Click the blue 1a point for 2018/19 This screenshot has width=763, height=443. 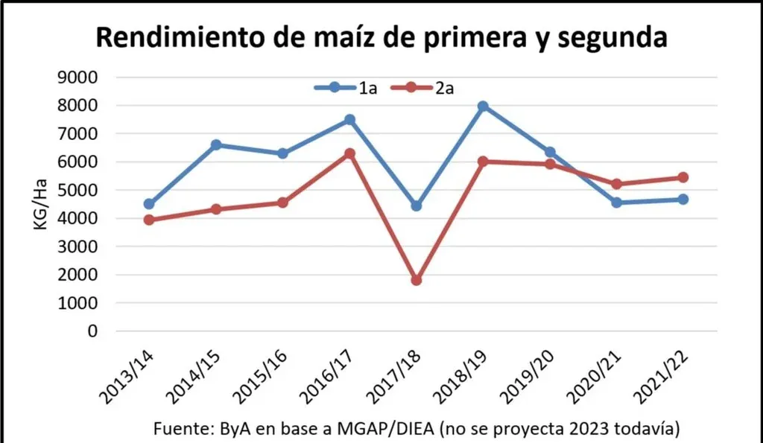coord(484,106)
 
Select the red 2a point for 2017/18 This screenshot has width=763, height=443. coord(417,280)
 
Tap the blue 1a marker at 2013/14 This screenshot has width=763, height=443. coord(149,204)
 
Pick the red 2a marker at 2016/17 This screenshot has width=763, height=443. coord(349,153)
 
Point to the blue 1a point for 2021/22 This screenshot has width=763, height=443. coord(683,199)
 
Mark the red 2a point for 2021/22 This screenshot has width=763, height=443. coord(683,177)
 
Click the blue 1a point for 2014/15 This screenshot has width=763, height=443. coord(216,144)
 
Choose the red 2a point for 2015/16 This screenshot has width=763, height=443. coord(283,203)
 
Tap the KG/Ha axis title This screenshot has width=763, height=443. coord(42,204)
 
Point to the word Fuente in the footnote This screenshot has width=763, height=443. coord(181,430)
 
